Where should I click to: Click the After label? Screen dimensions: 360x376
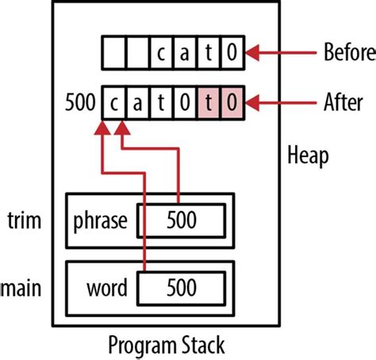tap(343, 102)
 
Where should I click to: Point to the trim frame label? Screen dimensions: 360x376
tap(24, 219)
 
